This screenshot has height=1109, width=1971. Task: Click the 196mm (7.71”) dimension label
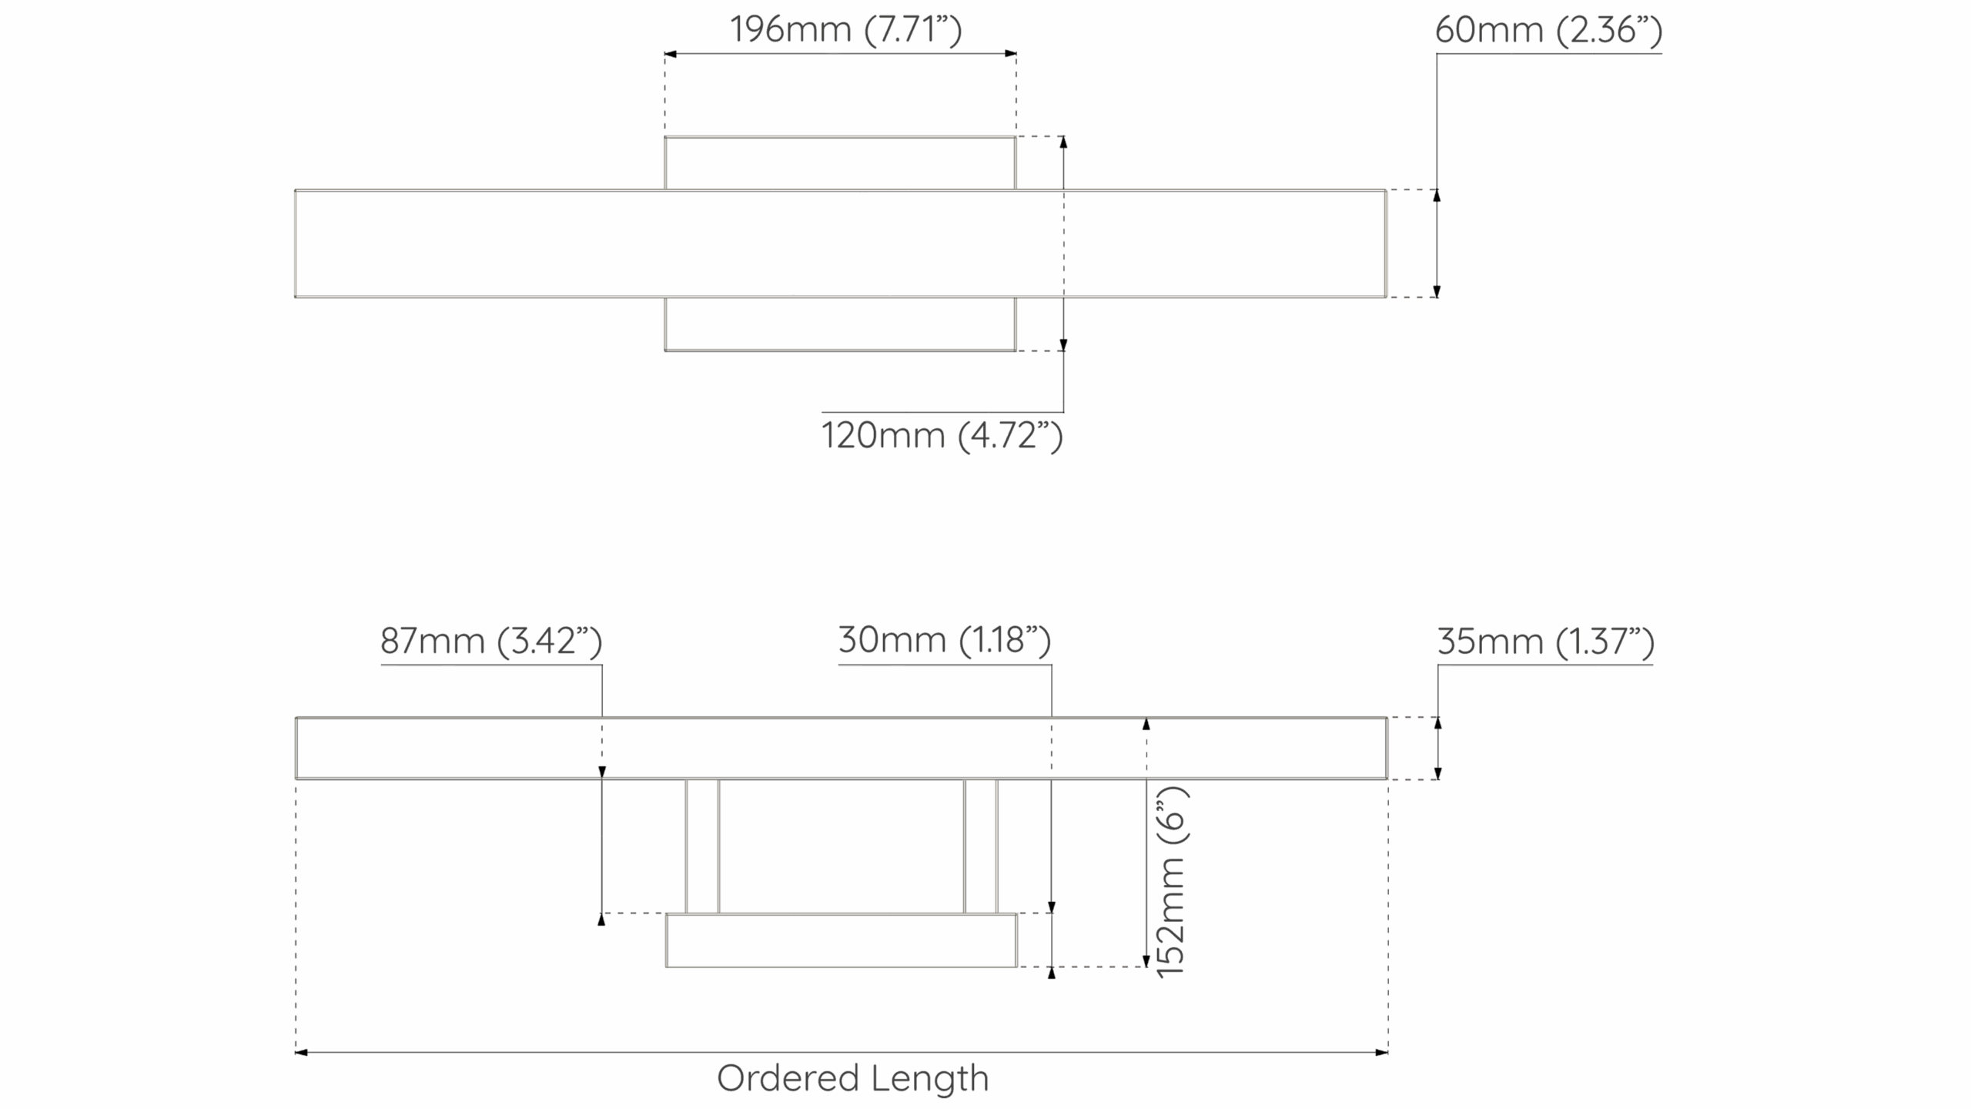845,30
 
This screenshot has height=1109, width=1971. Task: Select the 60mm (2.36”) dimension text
1548,30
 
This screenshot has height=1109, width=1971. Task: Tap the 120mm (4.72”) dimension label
942,436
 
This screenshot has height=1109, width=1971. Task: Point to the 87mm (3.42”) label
491,641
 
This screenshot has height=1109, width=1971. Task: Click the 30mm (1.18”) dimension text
945,640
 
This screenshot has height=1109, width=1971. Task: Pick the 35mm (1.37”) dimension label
1545,642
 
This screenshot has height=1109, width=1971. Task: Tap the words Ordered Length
852,1078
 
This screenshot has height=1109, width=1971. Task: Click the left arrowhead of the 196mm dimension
670,54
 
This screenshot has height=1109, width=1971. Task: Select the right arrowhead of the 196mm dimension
1011,54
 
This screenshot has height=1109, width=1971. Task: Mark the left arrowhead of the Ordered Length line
301,1052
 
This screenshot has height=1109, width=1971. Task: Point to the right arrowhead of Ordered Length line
1382,1052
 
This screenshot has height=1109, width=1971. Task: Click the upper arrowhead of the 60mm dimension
1437,196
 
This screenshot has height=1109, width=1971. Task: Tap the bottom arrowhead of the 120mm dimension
1063,345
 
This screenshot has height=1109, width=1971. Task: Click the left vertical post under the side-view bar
702,846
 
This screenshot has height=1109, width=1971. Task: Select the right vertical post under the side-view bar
981,846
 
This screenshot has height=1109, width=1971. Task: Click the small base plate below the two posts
841,940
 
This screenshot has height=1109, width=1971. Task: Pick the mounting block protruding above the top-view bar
840,162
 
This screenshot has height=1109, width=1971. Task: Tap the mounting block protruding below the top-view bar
840,324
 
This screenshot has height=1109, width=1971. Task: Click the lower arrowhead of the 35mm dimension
1438,773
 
